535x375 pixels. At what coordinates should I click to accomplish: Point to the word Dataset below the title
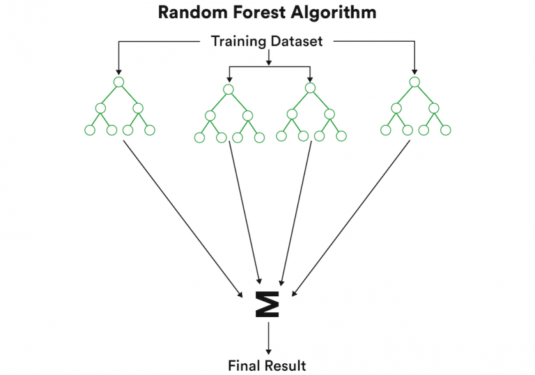[297, 41]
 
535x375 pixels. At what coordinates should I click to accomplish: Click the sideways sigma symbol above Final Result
[268, 305]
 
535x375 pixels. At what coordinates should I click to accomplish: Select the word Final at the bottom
[245, 365]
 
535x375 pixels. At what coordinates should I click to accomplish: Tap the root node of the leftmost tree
[118, 82]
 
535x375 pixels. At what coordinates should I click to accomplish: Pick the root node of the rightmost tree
[414, 82]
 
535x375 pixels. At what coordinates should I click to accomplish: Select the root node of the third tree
[309, 89]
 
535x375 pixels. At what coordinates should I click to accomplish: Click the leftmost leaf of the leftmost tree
[89, 130]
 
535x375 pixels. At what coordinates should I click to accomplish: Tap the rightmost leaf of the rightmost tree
[446, 130]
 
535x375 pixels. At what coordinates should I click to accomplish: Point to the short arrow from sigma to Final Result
[268, 338]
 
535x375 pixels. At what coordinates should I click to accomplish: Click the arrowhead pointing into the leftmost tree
[118, 70]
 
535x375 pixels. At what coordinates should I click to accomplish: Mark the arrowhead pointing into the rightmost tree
[414, 70]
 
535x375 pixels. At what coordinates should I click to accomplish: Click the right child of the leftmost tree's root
[137, 108]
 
